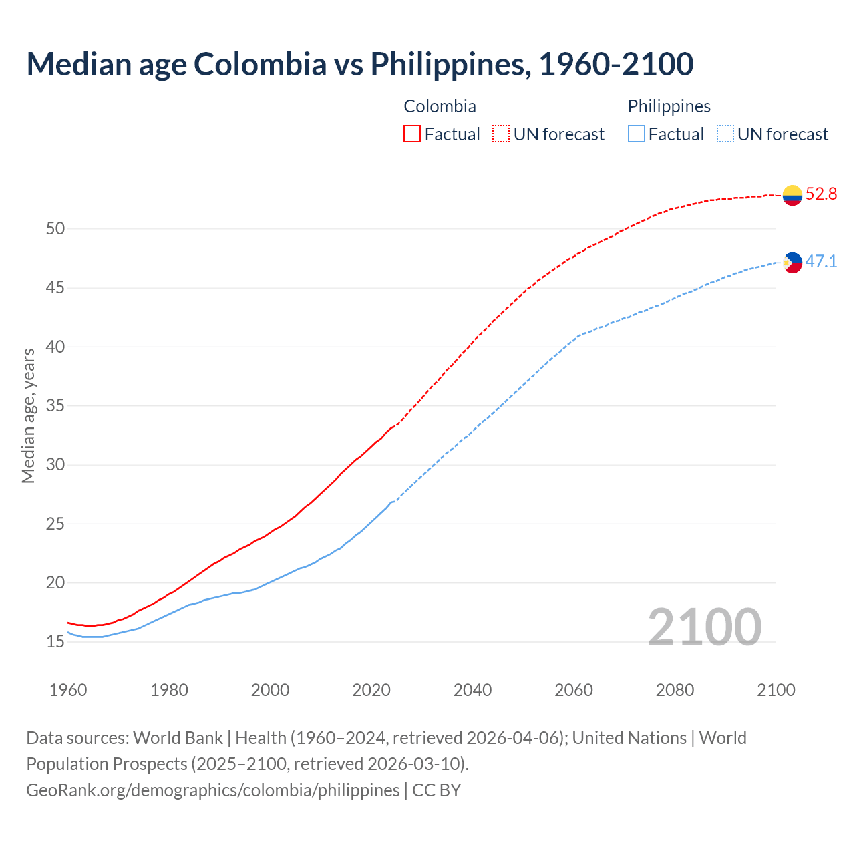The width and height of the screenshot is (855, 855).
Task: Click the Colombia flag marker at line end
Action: pyautogui.click(x=792, y=195)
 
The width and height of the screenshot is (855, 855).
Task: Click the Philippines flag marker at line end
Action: pyautogui.click(x=792, y=263)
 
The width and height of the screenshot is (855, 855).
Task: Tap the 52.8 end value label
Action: pyautogui.click(x=821, y=194)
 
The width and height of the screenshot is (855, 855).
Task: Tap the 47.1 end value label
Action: pyautogui.click(x=821, y=261)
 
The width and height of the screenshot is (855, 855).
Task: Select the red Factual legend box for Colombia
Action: pyautogui.click(x=412, y=134)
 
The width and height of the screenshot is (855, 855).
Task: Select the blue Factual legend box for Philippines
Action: pyautogui.click(x=636, y=134)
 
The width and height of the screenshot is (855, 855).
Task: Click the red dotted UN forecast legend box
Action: pyautogui.click(x=501, y=134)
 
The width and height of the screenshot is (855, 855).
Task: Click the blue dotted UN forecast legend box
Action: pyautogui.click(x=725, y=134)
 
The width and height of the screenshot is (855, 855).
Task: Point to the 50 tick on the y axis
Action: pyautogui.click(x=55, y=229)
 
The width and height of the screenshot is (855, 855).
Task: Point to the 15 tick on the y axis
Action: pyautogui.click(x=55, y=642)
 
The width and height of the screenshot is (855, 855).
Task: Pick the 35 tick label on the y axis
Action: pyautogui.click(x=55, y=406)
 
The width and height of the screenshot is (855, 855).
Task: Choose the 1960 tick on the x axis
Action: pyautogui.click(x=68, y=690)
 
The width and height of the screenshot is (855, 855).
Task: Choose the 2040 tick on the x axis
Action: pyautogui.click(x=472, y=690)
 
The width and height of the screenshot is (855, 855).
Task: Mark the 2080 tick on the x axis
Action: pyautogui.click(x=675, y=690)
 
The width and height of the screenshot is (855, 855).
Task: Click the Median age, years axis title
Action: pyautogui.click(x=28, y=415)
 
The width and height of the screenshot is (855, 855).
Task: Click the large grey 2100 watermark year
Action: pyautogui.click(x=704, y=627)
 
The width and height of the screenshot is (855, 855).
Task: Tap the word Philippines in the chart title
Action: pyautogui.click(x=448, y=64)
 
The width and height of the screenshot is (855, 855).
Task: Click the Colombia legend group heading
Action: pyautogui.click(x=440, y=106)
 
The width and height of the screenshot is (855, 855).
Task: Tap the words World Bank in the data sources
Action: pyautogui.click(x=178, y=738)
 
